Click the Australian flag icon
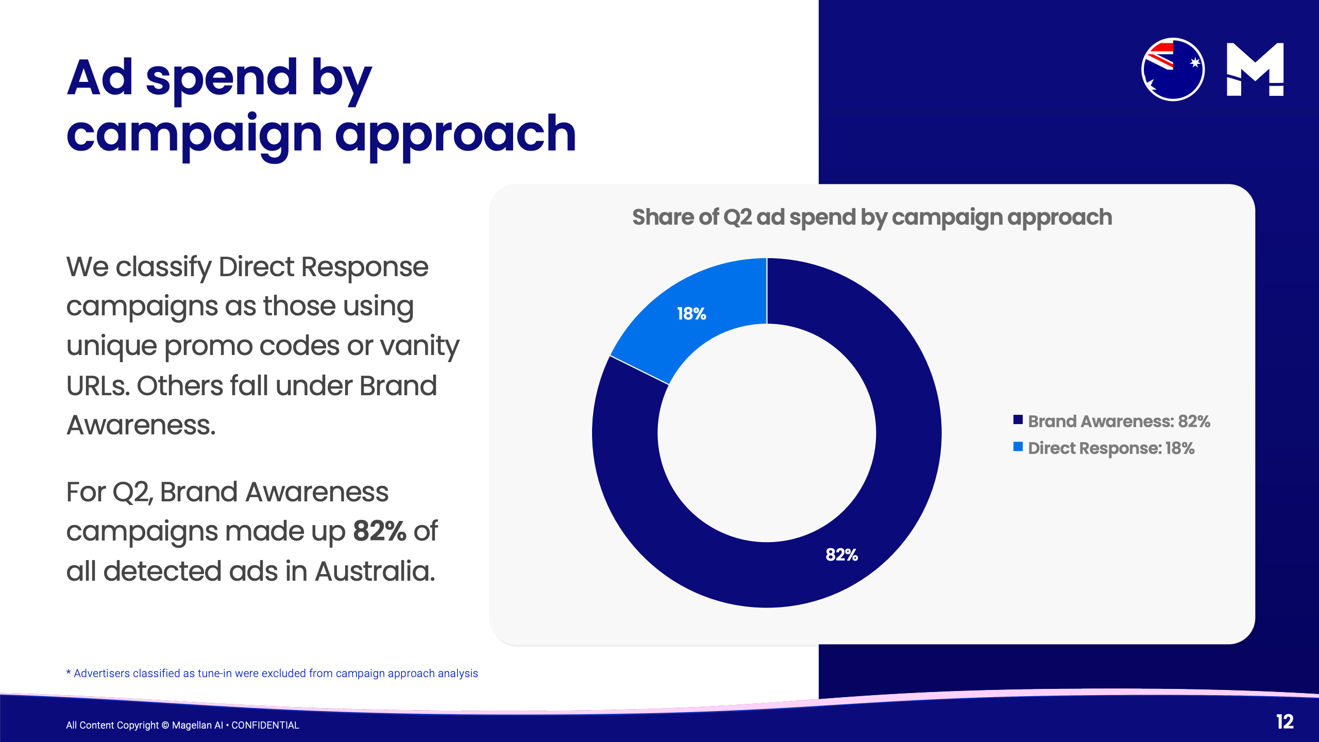[1173, 70]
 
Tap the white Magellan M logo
[1255, 70]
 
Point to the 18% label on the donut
[691, 314]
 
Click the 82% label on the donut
[841, 555]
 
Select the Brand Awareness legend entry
[1119, 421]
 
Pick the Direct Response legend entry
[1111, 448]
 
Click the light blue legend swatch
[1018, 447]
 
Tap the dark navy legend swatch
[1018, 419]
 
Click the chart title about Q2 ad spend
[872, 217]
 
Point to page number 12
[1284, 721]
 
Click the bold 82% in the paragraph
[380, 531]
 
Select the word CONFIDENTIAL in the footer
[265, 725]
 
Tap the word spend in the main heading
[222, 78]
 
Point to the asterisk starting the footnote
[69, 672]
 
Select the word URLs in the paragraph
[97, 386]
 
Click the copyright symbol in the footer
[165, 725]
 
